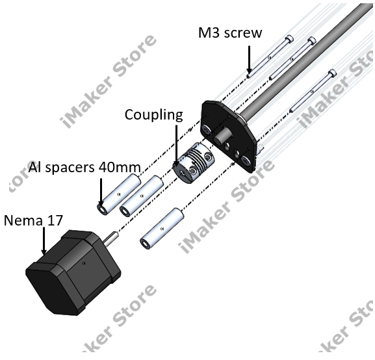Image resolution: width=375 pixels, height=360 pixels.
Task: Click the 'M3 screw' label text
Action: (x=230, y=32)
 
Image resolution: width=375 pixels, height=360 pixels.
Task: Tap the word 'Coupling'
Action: (x=153, y=115)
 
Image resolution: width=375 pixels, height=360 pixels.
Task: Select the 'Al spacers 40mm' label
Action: (x=84, y=167)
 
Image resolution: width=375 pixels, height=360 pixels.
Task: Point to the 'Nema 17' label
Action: (x=33, y=220)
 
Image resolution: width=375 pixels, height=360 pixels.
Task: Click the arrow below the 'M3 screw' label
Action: (x=249, y=60)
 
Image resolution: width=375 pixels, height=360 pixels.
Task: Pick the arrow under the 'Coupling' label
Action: (x=177, y=146)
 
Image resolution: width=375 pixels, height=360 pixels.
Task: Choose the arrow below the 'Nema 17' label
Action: (x=44, y=241)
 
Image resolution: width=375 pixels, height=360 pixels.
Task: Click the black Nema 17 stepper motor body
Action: (x=71, y=272)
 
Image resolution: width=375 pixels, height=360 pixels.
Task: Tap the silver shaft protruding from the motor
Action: (x=112, y=238)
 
